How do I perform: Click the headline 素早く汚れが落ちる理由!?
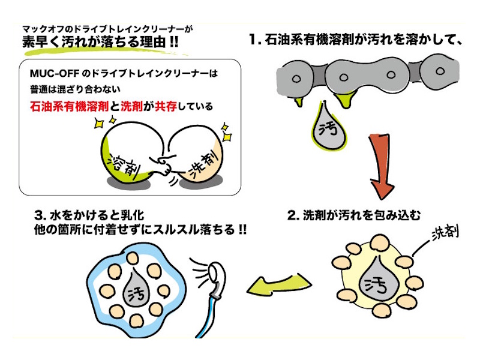tap(100, 43)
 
